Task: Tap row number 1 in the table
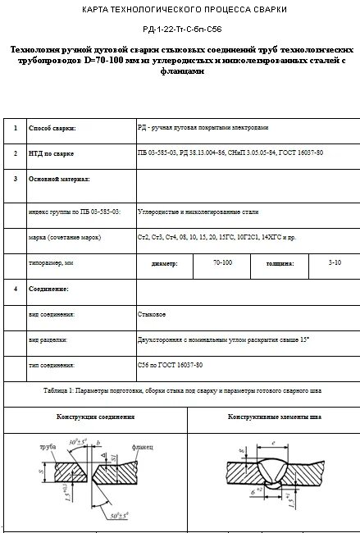tap(15, 129)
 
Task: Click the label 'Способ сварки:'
tap(52, 129)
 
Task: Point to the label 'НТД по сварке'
tap(52, 153)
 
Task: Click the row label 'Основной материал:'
tap(59, 178)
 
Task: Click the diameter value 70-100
tap(222, 263)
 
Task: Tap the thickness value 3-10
tap(335, 263)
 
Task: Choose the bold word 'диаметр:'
tap(165, 264)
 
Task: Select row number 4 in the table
tap(15, 289)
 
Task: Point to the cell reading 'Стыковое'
tap(153, 314)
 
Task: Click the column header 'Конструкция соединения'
tap(95, 417)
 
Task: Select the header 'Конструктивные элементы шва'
tap(275, 417)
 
